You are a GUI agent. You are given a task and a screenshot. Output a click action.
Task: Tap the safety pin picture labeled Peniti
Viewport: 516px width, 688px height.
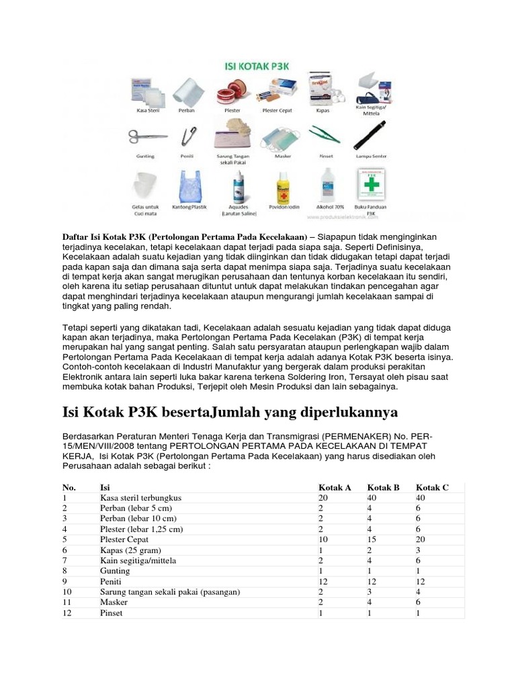point(189,136)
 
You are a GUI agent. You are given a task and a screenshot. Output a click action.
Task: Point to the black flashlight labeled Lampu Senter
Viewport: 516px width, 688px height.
point(367,137)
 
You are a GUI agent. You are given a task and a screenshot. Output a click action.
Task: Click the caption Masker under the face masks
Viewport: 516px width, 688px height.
point(282,157)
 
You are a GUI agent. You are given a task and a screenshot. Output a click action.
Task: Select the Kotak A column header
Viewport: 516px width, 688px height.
point(335,487)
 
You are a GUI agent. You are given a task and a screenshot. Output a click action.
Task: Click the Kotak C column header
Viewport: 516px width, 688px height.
point(432,487)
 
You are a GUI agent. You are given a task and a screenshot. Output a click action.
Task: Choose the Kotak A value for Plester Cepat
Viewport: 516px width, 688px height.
point(323,540)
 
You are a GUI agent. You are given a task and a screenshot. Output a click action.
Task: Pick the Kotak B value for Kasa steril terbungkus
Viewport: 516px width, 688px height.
point(372,498)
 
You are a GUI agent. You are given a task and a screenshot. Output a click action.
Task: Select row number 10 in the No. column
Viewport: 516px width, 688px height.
point(67,592)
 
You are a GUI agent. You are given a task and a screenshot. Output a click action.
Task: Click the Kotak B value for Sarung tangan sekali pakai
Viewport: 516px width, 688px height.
point(370,592)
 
